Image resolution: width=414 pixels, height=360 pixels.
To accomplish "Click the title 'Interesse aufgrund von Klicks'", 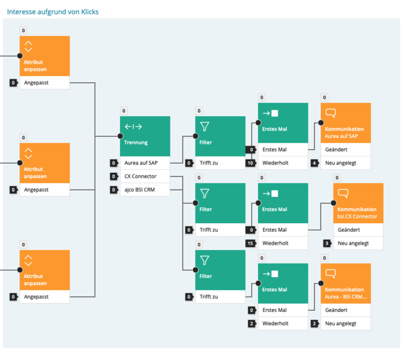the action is (x=53, y=12).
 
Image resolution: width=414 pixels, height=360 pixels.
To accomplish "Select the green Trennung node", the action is (x=145, y=136).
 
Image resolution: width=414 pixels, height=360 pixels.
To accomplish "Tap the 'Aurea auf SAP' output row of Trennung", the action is (x=145, y=163).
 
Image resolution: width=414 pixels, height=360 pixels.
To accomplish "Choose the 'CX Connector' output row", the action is (x=145, y=176).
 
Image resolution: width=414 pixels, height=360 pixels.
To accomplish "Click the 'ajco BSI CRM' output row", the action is (x=145, y=190).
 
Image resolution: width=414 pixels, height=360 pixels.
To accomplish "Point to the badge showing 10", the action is (x=251, y=163).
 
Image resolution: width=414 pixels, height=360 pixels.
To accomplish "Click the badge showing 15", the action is (x=251, y=243).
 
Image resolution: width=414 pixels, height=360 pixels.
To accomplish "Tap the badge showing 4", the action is (x=314, y=163).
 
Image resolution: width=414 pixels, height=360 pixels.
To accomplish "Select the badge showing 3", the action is (x=327, y=243).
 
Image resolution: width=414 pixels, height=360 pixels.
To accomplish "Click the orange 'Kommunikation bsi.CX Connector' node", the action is (x=358, y=203).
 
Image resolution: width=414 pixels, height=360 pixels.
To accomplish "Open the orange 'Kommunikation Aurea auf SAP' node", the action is (x=346, y=123).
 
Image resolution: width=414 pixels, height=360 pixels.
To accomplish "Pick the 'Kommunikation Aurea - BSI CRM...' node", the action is (x=346, y=283).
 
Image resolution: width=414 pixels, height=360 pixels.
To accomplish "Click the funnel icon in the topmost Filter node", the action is (x=205, y=127).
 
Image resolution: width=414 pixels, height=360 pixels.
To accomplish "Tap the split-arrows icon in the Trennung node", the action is (x=133, y=127).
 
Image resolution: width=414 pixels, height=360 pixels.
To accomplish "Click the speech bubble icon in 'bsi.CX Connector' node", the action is (x=343, y=194).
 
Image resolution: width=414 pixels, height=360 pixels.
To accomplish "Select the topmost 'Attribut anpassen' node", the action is (x=44, y=56).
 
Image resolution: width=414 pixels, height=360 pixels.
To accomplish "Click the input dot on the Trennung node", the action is (x=120, y=136).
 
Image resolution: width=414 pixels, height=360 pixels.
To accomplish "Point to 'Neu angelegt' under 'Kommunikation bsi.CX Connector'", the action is (x=353, y=243).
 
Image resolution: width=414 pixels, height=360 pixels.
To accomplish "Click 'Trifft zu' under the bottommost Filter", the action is (x=209, y=297).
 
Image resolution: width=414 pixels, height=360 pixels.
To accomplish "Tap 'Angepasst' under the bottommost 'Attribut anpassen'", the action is (x=36, y=297).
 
